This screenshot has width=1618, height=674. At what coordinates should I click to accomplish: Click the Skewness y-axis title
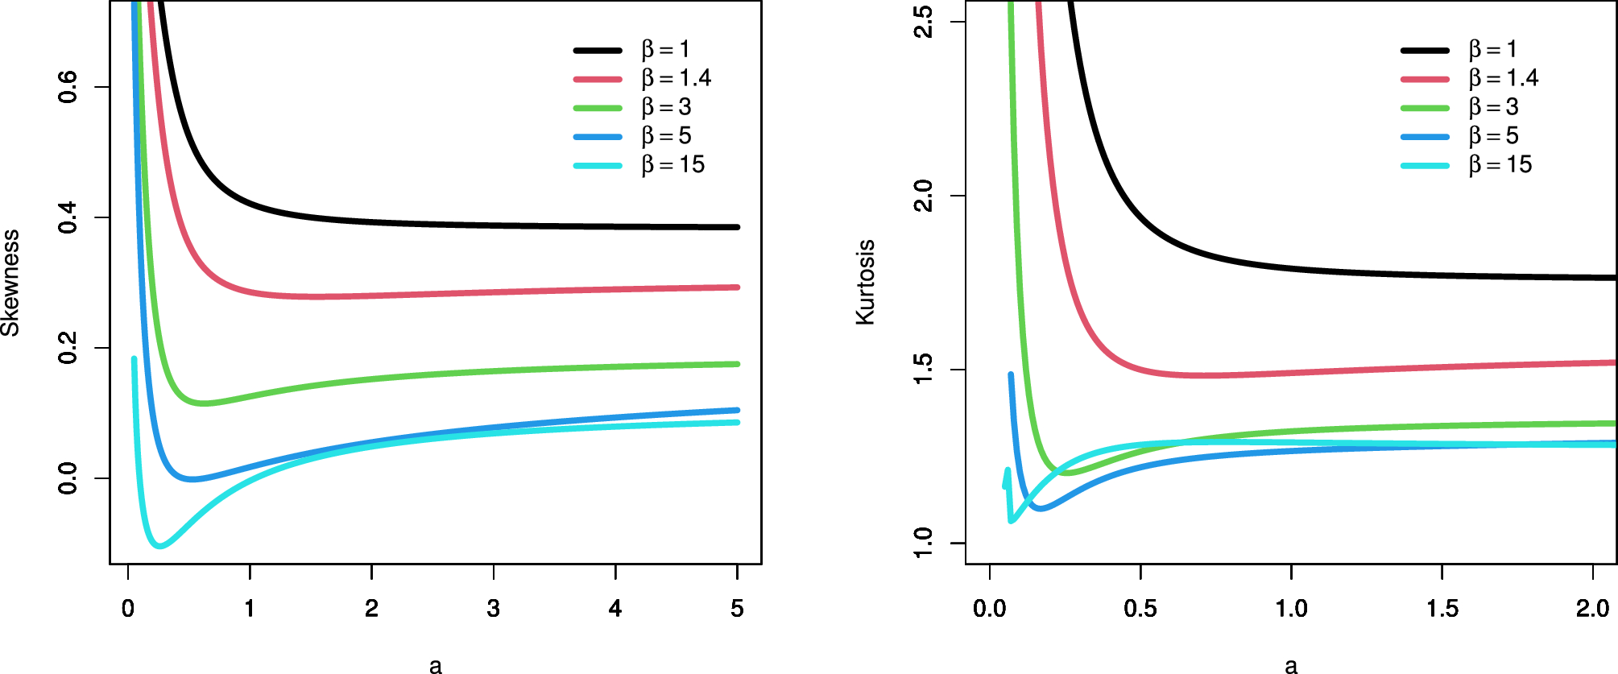point(10,283)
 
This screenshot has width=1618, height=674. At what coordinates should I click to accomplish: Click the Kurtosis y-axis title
point(865,283)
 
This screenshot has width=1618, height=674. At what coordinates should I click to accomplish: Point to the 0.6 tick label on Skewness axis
point(68,87)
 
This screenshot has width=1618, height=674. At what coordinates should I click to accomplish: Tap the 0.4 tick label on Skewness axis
point(68,217)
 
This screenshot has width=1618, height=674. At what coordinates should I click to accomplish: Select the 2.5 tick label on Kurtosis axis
point(924,22)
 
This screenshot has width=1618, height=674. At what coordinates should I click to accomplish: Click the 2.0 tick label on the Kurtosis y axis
point(924,196)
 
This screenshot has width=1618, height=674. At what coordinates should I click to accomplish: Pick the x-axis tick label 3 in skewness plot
point(493,609)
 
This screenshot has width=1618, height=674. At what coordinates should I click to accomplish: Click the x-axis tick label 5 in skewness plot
point(737,609)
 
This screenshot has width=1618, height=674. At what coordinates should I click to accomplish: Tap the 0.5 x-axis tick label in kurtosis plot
point(1140,609)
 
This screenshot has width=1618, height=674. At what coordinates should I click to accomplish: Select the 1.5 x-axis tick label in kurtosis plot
point(1442,609)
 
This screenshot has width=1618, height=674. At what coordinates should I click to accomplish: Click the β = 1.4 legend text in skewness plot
point(677,78)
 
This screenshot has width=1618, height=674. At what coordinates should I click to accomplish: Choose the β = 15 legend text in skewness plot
point(673,165)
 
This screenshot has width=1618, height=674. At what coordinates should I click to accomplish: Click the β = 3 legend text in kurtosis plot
point(1494,107)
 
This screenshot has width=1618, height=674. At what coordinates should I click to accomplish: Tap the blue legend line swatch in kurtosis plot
point(1425,137)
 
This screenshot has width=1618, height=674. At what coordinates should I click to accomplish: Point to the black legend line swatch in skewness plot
point(598,50)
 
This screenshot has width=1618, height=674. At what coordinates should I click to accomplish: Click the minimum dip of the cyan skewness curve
point(160,546)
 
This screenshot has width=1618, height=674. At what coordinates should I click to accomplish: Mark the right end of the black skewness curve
point(737,227)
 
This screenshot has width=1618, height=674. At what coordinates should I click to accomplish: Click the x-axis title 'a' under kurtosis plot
point(1291,665)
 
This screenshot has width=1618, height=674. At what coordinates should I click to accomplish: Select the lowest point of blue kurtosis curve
point(1040,508)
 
